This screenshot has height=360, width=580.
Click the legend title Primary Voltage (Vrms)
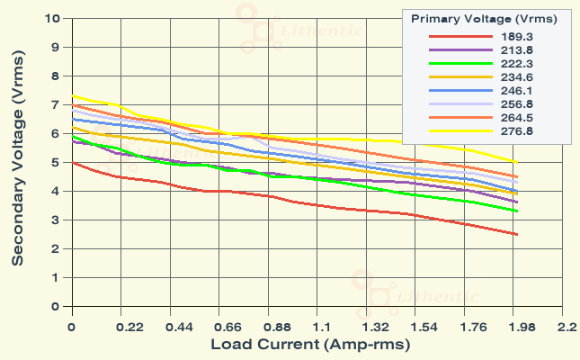pyautogui.click(x=483, y=18)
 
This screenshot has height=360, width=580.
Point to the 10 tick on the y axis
pyautogui.click(x=54, y=18)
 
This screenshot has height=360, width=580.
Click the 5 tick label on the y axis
pyautogui.click(x=58, y=162)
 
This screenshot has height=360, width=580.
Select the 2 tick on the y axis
pyautogui.click(x=58, y=248)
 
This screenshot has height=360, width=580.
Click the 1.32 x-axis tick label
pyautogui.click(x=368, y=327)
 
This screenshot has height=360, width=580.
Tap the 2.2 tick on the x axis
pyautogui.click(x=566, y=327)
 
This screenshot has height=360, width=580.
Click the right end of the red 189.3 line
pyautogui.click(x=516, y=234)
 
